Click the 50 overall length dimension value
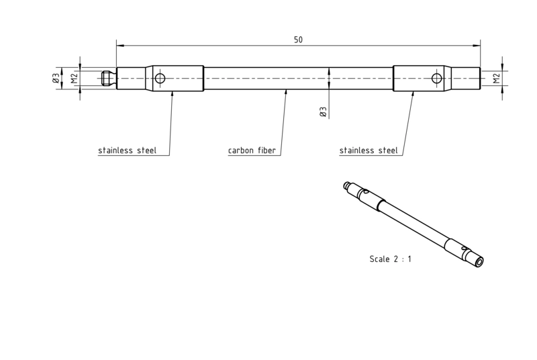tap(298, 40)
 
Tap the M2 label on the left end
tap(75, 79)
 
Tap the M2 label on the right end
tap(497, 79)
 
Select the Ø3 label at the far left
tap(56, 79)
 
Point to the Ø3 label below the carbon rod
tap(323, 111)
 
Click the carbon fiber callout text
tap(252, 150)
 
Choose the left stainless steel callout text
tap(127, 150)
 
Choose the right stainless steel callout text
tap(369, 150)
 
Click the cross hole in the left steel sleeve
tap(160, 79)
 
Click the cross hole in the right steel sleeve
tap(437, 79)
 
